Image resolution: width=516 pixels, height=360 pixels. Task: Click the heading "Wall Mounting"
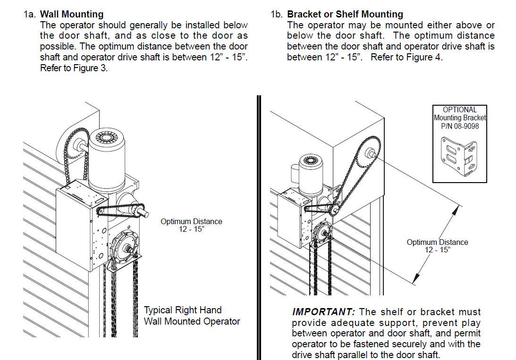[72, 15]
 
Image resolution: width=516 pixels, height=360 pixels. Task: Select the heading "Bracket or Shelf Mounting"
[345, 15]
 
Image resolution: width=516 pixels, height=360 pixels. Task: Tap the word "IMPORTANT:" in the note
[323, 312]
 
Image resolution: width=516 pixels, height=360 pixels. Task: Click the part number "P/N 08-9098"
[459, 126]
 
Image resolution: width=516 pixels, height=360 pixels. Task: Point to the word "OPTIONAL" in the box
[459, 110]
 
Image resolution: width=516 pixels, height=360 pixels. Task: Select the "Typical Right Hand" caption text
[182, 310]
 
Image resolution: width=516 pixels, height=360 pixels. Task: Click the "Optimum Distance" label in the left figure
[191, 221]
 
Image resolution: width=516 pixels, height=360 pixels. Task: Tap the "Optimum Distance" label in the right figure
[437, 242]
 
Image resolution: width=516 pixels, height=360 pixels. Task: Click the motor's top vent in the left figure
[105, 138]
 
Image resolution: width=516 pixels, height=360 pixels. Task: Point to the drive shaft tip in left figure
[145, 214]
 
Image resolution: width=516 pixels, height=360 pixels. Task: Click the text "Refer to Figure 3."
[74, 67]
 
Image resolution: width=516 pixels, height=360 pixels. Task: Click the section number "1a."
[30, 15]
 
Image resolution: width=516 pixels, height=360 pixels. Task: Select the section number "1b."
[277, 15]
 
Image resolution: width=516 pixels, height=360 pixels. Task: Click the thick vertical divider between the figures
[259, 226]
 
